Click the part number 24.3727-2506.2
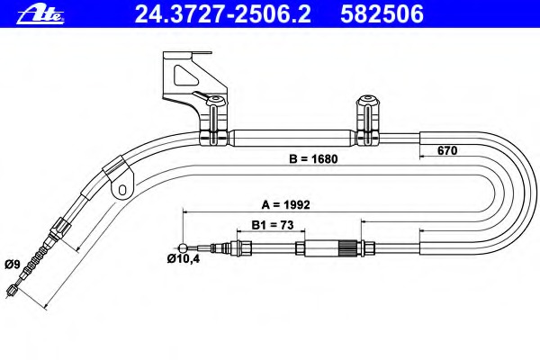(x=223, y=14)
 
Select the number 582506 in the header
(x=382, y=14)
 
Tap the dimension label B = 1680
(x=313, y=158)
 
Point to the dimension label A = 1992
(x=285, y=204)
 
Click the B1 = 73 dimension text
(x=273, y=225)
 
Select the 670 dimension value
(x=447, y=150)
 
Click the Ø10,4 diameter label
(x=184, y=258)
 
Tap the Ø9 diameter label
(x=13, y=265)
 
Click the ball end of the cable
(x=184, y=247)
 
